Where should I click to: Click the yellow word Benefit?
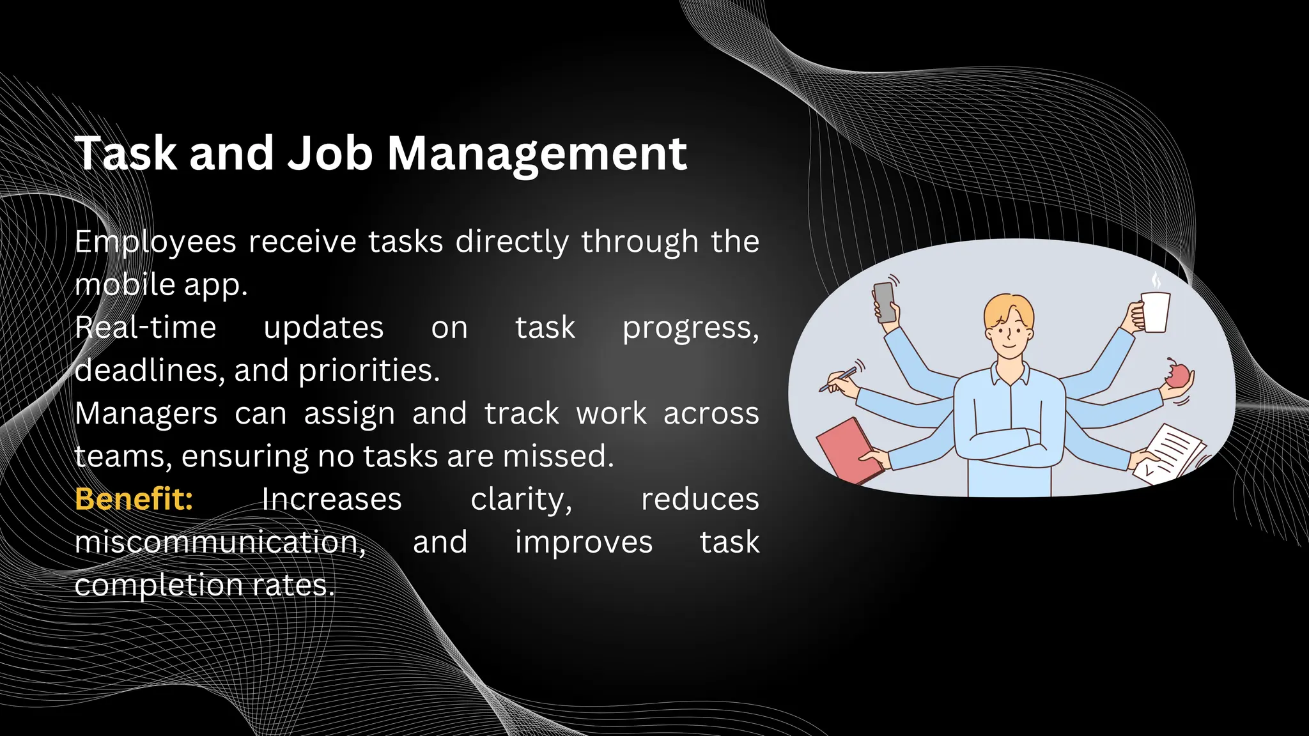pyautogui.click(x=134, y=499)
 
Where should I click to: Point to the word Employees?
pyautogui.click(x=155, y=242)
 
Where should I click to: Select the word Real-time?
pyautogui.click(x=146, y=328)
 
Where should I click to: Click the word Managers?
pyautogui.click(x=146, y=413)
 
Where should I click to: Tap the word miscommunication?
pyautogui.click(x=220, y=542)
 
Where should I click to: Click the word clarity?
pyautogui.click(x=521, y=499)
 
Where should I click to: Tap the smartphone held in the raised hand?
pyautogui.click(x=885, y=302)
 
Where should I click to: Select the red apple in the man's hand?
pyautogui.click(x=1177, y=376)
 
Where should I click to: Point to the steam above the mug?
pyautogui.click(x=1156, y=280)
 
